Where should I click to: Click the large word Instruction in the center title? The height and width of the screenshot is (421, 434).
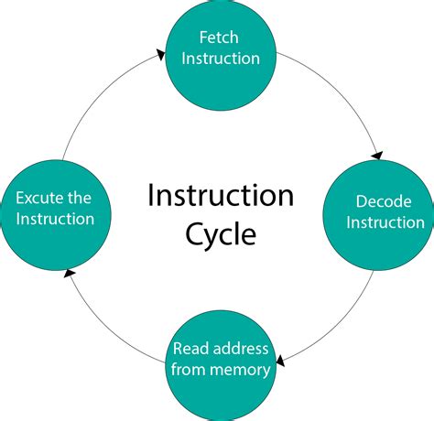pos(221,195)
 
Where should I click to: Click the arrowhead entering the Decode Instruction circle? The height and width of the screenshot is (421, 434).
pos(377,155)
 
